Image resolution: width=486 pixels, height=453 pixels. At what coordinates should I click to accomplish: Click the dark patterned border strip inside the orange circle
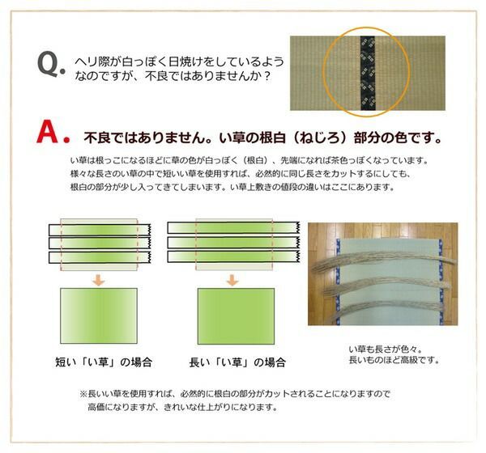tap(366, 73)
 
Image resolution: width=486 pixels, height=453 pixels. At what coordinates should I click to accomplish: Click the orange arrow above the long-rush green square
tap(232, 280)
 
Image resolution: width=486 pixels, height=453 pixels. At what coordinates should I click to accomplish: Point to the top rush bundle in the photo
tap(381, 257)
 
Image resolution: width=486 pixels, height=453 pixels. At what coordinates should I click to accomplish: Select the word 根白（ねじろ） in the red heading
tap(309, 134)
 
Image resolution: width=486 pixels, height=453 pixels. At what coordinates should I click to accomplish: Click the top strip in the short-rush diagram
tap(96, 227)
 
